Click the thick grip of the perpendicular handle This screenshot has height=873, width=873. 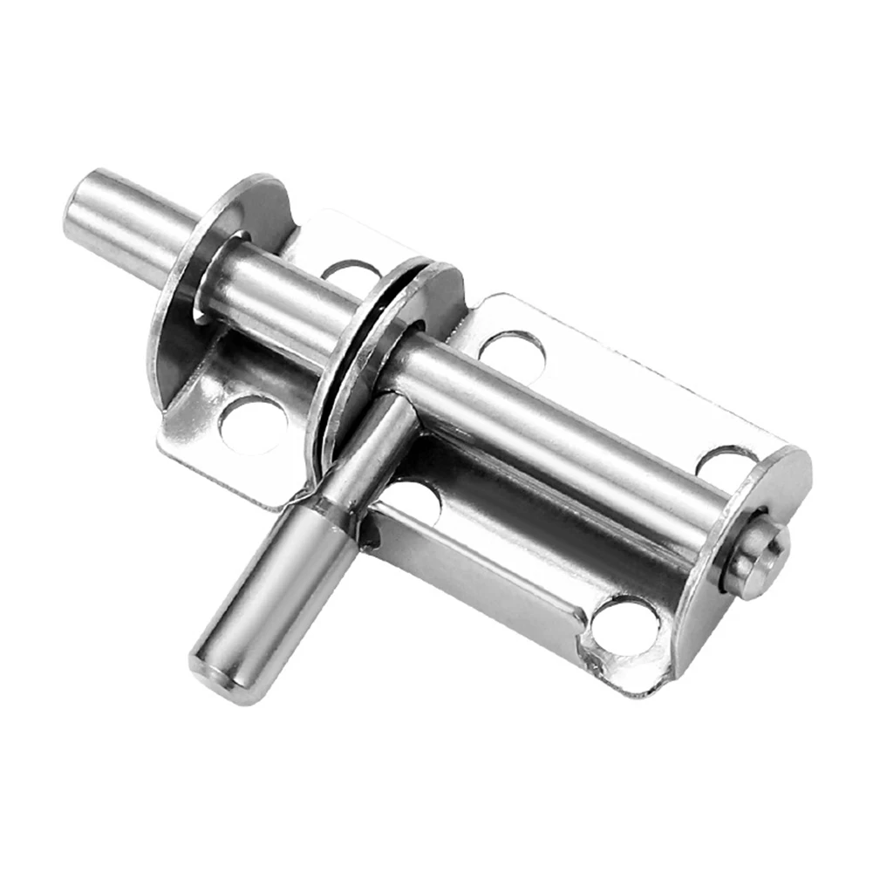tap(270, 602)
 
